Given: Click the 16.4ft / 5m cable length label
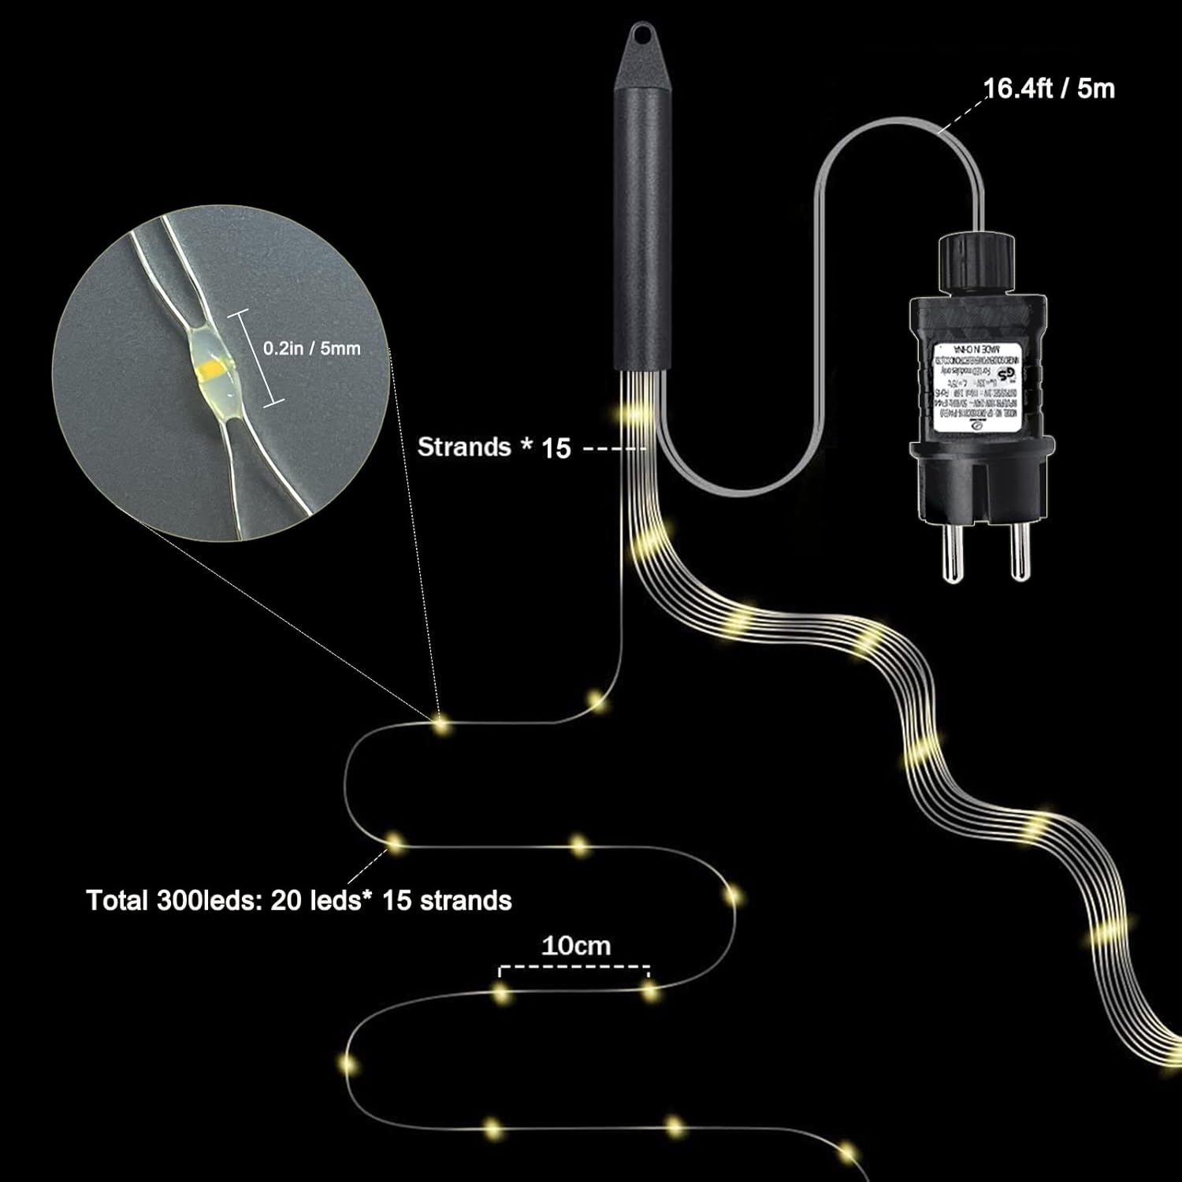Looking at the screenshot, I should [x=1049, y=89].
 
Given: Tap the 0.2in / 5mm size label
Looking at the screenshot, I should [x=311, y=348].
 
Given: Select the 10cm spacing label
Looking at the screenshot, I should [x=575, y=946].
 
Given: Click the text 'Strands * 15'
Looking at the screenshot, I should [x=493, y=448].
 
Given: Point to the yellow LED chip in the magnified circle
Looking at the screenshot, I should [x=214, y=366].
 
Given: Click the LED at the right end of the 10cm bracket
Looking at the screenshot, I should [x=650, y=991].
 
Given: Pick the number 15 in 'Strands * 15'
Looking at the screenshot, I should [x=556, y=448].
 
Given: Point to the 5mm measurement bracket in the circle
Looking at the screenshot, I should [x=257, y=357].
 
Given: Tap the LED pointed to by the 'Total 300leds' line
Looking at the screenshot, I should [x=394, y=843].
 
